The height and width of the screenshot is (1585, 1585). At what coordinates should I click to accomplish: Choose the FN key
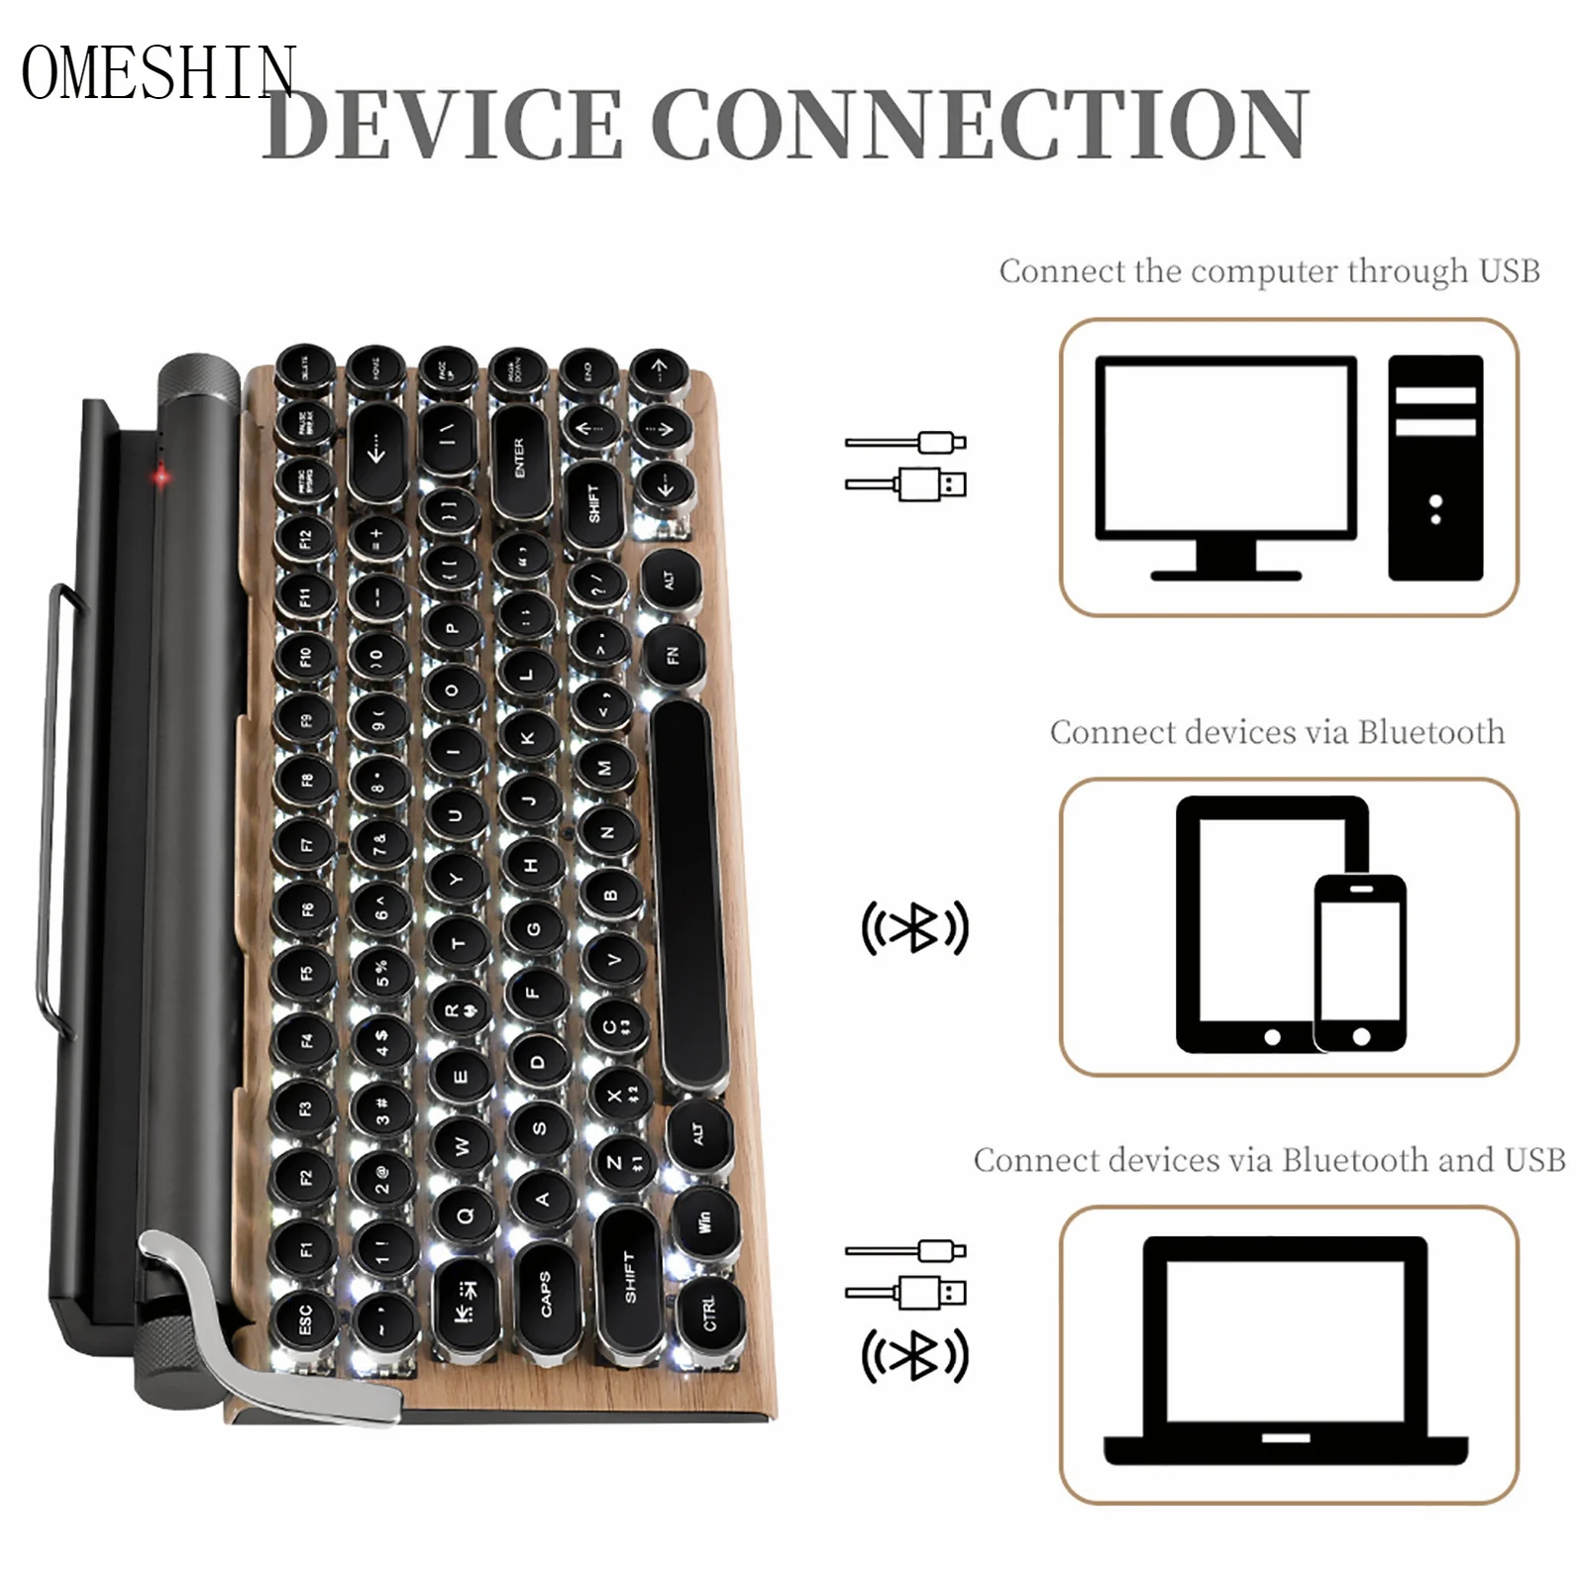(x=674, y=655)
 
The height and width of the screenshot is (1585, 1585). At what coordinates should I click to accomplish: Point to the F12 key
(x=304, y=538)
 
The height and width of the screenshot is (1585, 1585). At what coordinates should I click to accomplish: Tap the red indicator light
(x=160, y=476)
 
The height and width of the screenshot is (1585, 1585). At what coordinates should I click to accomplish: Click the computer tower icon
(x=1435, y=467)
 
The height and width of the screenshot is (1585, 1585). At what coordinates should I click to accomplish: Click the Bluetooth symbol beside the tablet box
(x=914, y=927)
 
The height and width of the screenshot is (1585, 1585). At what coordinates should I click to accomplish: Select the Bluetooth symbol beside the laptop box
(x=914, y=1355)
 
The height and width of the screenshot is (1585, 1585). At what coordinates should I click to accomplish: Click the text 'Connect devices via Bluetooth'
(x=1277, y=732)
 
